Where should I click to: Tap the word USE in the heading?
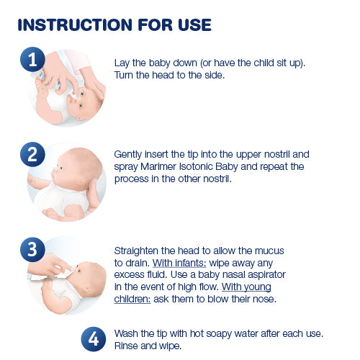[192, 24]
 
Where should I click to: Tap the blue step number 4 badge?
[93, 338]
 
